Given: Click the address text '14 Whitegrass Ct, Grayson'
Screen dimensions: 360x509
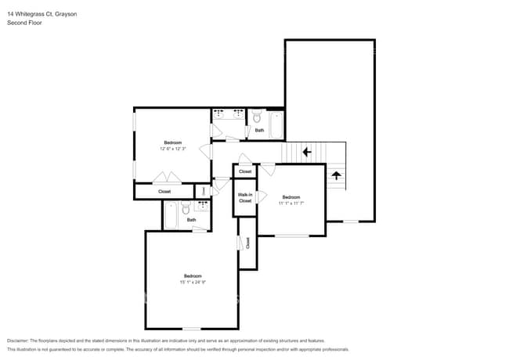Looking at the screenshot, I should [42, 14].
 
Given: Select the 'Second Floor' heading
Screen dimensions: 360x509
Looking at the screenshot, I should [24, 23].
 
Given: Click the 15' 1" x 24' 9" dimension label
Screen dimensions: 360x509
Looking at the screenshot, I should [193, 282].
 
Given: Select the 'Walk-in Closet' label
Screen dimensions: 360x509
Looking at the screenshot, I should [245, 197].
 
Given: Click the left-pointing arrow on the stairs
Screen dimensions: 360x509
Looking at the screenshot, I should [307, 152].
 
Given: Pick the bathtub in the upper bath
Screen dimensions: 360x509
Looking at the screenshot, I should [276, 124].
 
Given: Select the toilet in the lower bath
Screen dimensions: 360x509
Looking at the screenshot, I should [186, 209].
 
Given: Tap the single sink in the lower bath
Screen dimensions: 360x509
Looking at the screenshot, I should [202, 205].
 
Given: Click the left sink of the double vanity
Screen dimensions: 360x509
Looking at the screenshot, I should [218, 114].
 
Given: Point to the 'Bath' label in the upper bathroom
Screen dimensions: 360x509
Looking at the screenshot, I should [259, 131].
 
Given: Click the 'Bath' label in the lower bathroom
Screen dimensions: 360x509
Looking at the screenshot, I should [191, 220].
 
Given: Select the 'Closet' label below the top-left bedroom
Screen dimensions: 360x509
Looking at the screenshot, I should [164, 191].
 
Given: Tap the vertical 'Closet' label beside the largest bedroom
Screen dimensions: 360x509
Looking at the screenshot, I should [247, 243].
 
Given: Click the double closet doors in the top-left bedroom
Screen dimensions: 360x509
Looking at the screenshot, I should [168, 177].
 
